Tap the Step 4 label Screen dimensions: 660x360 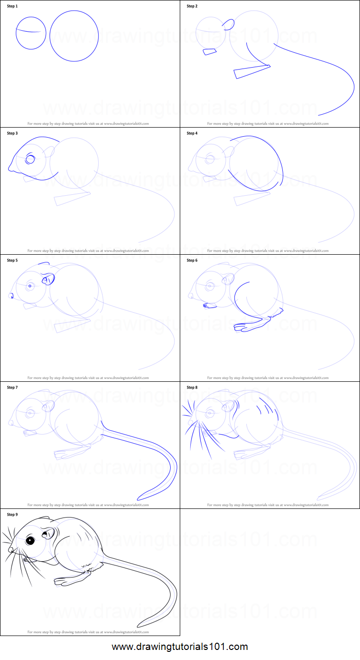pos(192,133)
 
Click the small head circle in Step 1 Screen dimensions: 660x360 pos(31,33)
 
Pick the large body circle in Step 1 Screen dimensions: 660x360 pos(74,36)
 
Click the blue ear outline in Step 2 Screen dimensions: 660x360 pos(229,25)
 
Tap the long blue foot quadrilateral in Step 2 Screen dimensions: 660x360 pos(251,71)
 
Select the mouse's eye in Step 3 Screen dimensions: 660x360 pos(31,159)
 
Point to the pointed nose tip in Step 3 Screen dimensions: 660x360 pos(9,168)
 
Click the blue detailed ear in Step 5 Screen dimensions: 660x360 pos(48,279)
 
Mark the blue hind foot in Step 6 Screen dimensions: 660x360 pos(249,325)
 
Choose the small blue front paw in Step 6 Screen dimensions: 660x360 pos(209,305)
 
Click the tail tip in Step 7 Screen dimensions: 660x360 pos(139,498)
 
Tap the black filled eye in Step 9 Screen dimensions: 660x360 pos(30,541)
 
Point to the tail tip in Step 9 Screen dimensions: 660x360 pos(139,625)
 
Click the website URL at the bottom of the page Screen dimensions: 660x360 pos(180,647)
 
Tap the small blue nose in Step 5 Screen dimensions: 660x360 pos(11,296)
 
